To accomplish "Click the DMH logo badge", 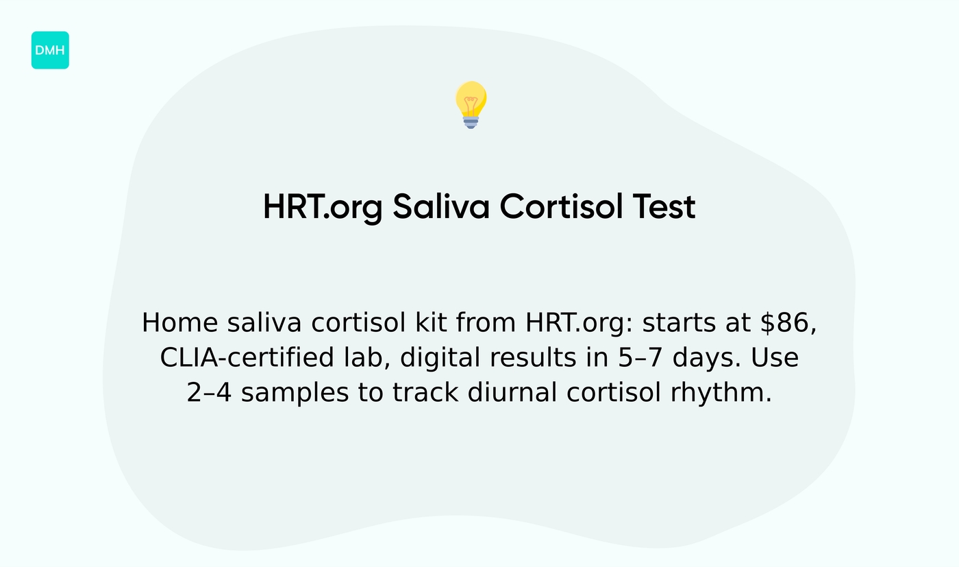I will (x=50, y=50).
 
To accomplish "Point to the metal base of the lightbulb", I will (x=471, y=122).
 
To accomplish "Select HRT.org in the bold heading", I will (x=322, y=206).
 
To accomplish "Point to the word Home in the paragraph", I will (x=180, y=322).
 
